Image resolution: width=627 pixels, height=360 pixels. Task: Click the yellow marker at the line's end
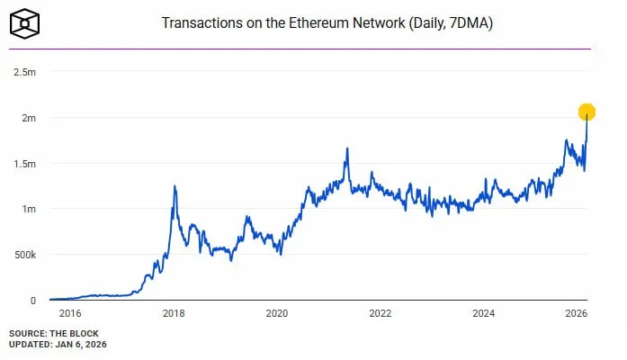pyautogui.click(x=587, y=112)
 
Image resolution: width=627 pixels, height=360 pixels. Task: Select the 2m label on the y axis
pyautogui.click(x=29, y=118)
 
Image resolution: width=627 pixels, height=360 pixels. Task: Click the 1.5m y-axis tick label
pyautogui.click(x=25, y=164)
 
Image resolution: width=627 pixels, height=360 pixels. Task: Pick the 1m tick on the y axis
pyautogui.click(x=29, y=209)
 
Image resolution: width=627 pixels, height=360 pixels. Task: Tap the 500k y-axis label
pyautogui.click(x=23, y=255)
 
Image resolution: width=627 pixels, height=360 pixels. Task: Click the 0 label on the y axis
pyautogui.click(x=33, y=301)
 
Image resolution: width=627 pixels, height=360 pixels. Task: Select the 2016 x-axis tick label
pyautogui.click(x=69, y=314)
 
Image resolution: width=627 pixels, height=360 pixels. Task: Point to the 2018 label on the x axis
pyautogui.click(x=174, y=314)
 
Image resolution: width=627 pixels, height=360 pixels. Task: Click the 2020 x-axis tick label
pyautogui.click(x=277, y=314)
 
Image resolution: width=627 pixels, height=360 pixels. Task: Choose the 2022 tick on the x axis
pyautogui.click(x=381, y=314)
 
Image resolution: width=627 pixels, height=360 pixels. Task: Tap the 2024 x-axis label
pyautogui.click(x=484, y=314)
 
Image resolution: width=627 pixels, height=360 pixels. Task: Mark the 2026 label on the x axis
pyautogui.click(x=577, y=314)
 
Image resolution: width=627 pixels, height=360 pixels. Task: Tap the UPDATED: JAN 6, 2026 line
pyautogui.click(x=59, y=345)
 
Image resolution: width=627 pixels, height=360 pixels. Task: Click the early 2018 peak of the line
pyautogui.click(x=174, y=186)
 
